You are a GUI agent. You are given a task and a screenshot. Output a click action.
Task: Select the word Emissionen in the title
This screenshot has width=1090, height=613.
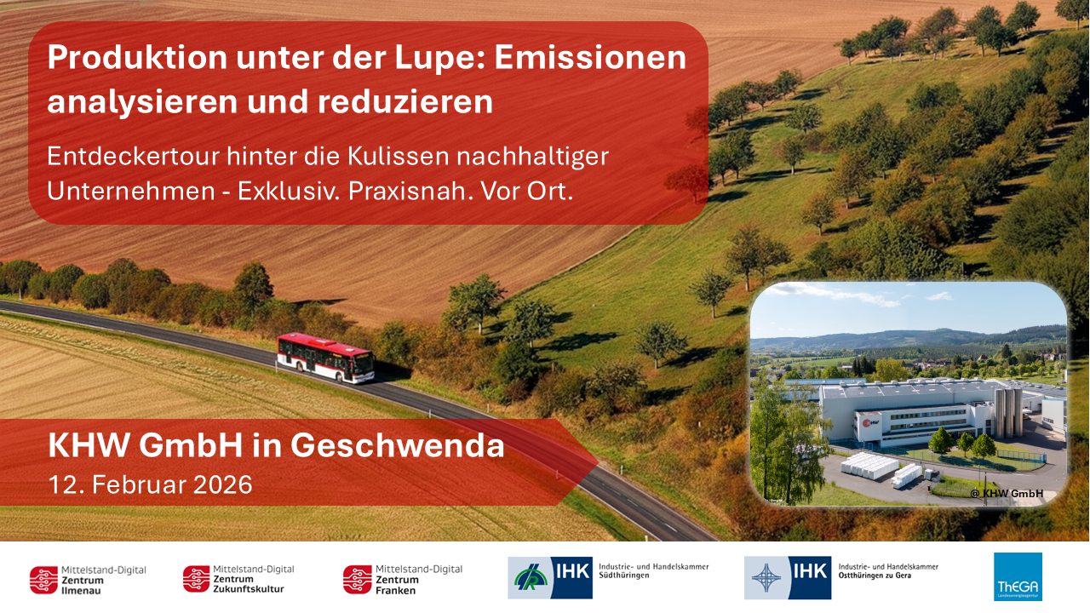click(x=590, y=58)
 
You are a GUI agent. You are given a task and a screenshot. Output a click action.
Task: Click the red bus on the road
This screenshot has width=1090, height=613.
click(x=324, y=357)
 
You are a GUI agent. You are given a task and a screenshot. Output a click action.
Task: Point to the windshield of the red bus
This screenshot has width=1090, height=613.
click(x=364, y=364)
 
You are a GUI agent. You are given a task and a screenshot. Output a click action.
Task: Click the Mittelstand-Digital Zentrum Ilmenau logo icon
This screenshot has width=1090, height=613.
click(x=43, y=579)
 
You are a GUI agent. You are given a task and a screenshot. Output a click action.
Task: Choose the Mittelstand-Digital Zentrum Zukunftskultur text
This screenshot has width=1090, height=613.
click(x=252, y=579)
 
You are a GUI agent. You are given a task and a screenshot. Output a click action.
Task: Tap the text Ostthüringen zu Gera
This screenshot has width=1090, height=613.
click(x=887, y=576)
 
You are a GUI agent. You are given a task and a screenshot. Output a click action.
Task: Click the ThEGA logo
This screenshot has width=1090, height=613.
click(x=1018, y=577)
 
